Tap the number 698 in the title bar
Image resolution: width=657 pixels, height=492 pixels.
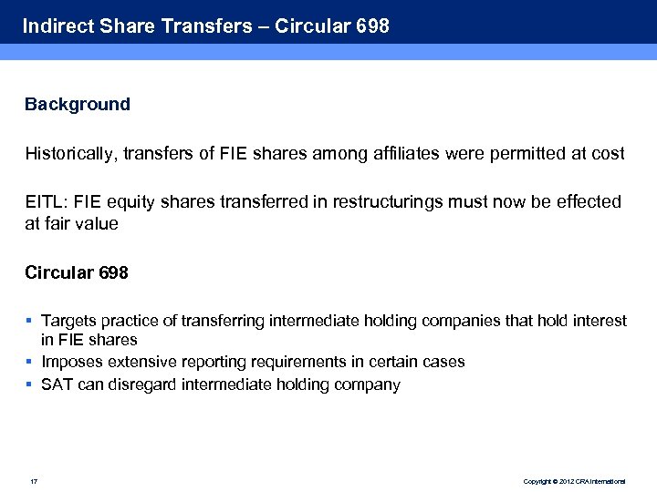[372, 26]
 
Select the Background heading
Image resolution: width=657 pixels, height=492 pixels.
[78, 104]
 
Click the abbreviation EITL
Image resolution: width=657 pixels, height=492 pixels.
[43, 201]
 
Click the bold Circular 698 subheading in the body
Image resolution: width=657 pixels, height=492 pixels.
[77, 272]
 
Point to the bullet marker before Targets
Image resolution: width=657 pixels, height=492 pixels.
[29, 320]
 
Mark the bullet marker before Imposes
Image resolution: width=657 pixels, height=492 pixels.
[29, 361]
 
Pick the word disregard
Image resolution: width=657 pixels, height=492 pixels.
[142, 384]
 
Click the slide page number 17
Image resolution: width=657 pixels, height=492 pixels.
[33, 481]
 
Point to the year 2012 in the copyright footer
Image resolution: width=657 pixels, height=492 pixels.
[564, 481]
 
